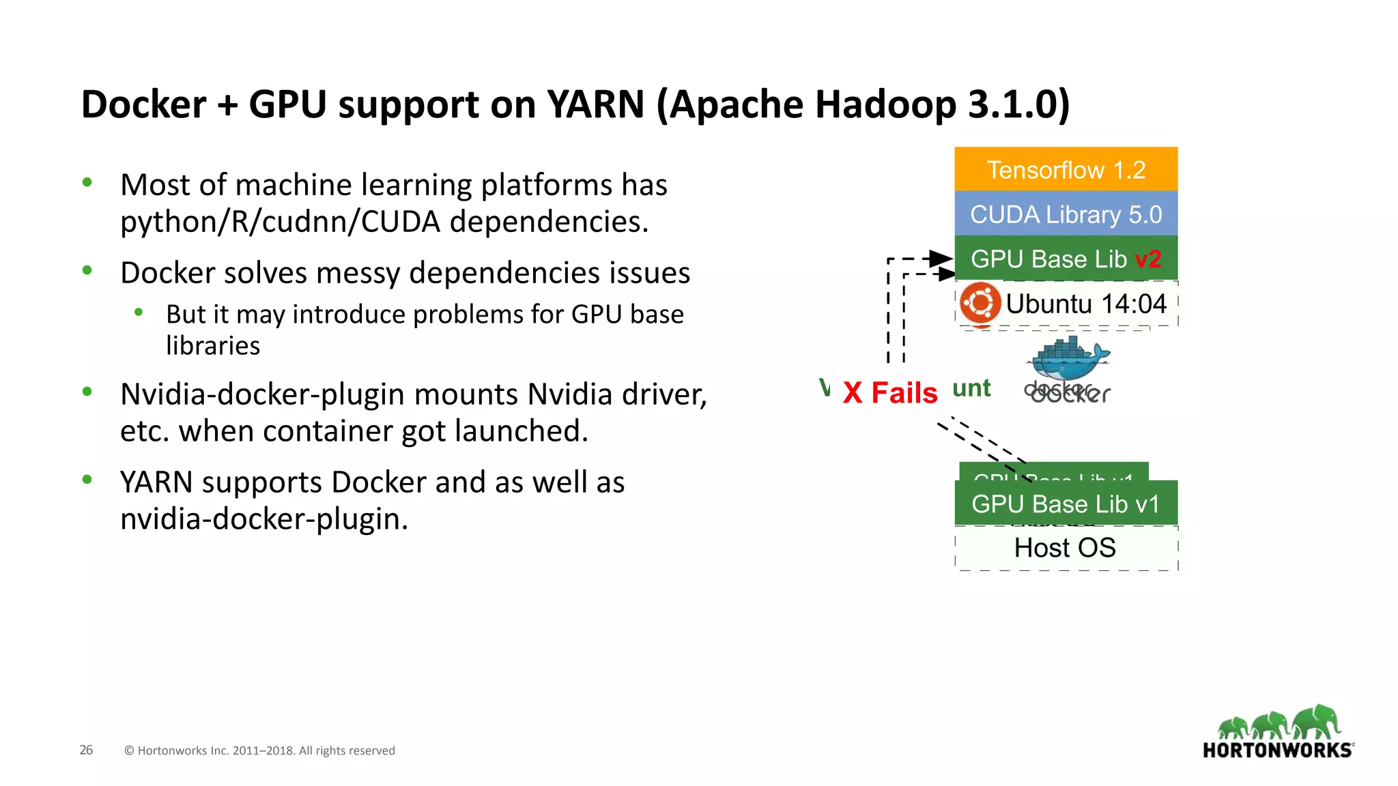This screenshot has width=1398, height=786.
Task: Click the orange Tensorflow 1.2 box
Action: coord(1066,169)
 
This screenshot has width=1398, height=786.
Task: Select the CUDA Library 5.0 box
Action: coord(1066,214)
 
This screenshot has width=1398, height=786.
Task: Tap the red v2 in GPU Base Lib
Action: coord(1147,259)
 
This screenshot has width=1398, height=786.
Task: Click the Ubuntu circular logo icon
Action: coord(980,303)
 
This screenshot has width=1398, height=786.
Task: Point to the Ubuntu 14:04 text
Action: coord(1086,304)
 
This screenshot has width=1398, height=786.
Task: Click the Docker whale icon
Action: coord(1070,359)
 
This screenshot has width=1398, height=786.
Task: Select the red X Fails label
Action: coord(890,393)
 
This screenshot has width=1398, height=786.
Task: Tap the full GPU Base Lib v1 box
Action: coord(1066,504)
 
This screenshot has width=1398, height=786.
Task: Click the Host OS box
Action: coord(1066,548)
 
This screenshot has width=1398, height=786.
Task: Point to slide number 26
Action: coord(86,750)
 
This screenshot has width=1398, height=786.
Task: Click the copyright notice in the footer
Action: coord(259,751)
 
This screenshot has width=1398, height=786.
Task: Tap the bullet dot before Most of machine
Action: coord(87,182)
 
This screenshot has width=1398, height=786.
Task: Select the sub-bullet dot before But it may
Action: coord(139,312)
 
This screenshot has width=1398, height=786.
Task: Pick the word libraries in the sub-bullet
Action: coord(213,346)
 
